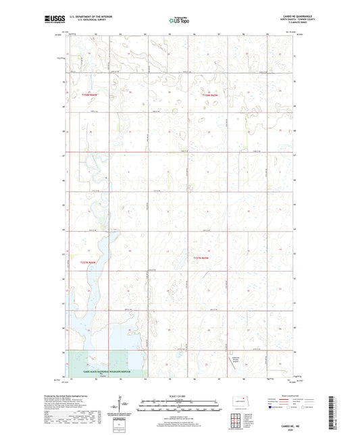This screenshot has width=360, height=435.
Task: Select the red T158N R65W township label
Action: pyautogui.click(x=211, y=96)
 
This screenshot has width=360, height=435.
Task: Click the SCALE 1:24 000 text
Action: pyautogui.click(x=180, y=396)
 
